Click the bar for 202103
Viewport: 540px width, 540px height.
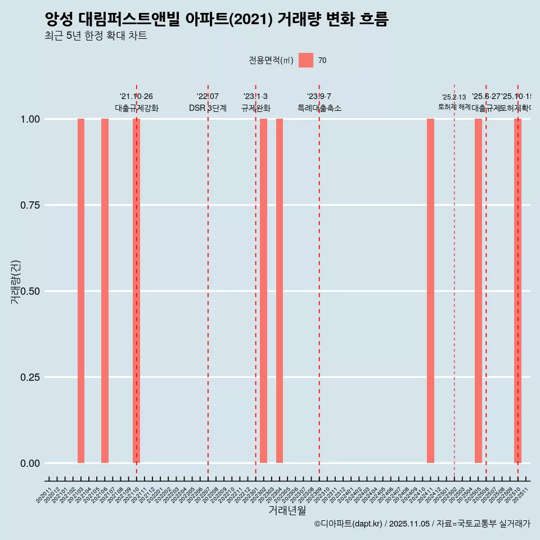[81, 291]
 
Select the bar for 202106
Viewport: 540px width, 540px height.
[105, 291]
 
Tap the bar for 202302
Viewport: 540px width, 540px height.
[263, 291]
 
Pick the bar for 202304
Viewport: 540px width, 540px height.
[280, 291]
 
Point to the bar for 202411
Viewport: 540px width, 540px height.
[430, 291]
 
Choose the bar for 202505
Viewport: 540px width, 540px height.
[478, 291]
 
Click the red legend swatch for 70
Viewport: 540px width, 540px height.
[306, 60]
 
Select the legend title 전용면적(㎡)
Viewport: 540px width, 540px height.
[271, 60]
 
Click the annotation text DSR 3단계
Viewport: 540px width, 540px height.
[208, 108]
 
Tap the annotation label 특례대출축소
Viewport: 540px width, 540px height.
[319, 108]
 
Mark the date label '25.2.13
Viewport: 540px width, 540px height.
[454, 97]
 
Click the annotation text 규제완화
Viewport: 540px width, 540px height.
[256, 108]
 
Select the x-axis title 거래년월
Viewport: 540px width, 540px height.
[287, 511]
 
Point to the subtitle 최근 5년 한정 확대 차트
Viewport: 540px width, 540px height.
[96, 36]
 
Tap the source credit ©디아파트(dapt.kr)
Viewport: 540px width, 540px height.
[348, 524]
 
